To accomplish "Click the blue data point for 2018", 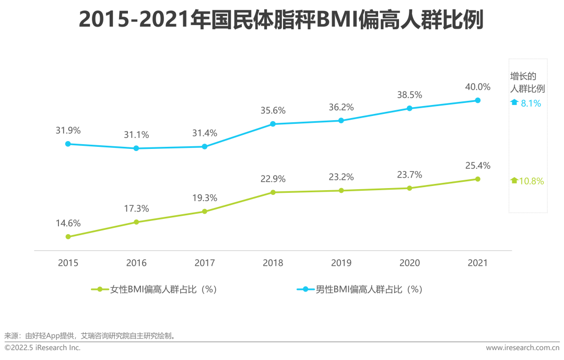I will [x=273, y=124].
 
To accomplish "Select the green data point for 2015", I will [x=68, y=237].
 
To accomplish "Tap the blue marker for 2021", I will [x=477, y=100].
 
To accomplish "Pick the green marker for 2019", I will [x=341, y=191].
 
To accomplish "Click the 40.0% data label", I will [x=478, y=87].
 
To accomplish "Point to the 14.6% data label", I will [x=68, y=223].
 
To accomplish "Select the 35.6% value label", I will [x=273, y=110].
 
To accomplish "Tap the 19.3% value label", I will [x=204, y=198].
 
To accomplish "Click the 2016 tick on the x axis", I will [x=136, y=263].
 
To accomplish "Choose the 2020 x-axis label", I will [x=409, y=263].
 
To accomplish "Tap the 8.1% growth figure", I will [x=531, y=103].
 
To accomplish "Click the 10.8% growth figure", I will [x=532, y=181].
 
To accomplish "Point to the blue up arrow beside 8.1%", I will [x=514, y=103].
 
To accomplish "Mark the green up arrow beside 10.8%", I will [x=514, y=181].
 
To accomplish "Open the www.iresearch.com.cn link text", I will [x=523, y=348].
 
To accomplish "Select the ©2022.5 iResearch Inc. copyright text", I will [x=43, y=348].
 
